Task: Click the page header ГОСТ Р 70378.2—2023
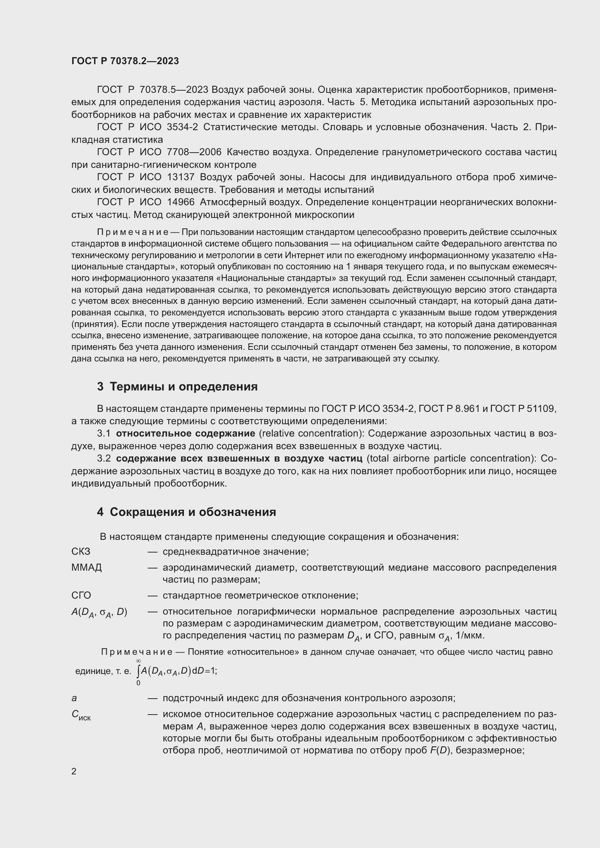(125, 61)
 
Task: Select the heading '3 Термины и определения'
(177, 387)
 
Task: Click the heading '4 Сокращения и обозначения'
(186, 512)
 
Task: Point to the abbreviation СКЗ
(81, 551)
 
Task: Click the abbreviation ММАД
(86, 567)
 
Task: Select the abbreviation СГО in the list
(81, 595)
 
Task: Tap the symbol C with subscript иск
(81, 715)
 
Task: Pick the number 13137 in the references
(181, 177)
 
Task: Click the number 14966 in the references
(181, 202)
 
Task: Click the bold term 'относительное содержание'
(185, 433)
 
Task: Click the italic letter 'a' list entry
(74, 698)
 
